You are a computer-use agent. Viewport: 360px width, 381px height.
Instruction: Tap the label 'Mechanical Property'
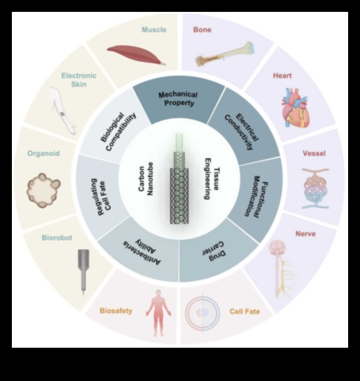(x=177, y=99)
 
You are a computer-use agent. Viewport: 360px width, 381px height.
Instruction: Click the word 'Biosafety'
(x=116, y=311)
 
